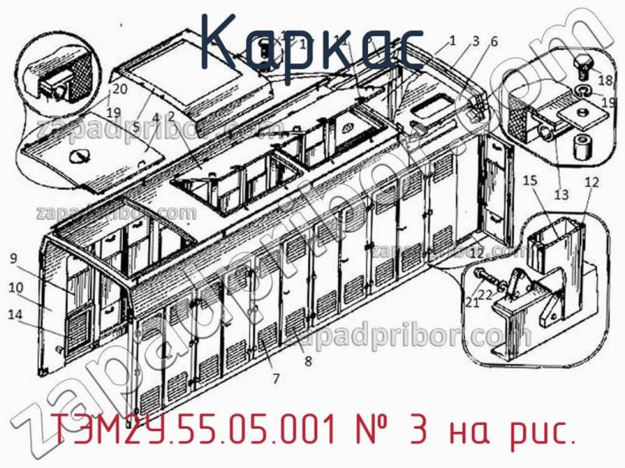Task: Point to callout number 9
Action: [13, 259]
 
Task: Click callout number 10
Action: [15, 287]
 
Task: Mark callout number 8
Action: [308, 361]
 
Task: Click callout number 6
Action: [494, 41]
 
